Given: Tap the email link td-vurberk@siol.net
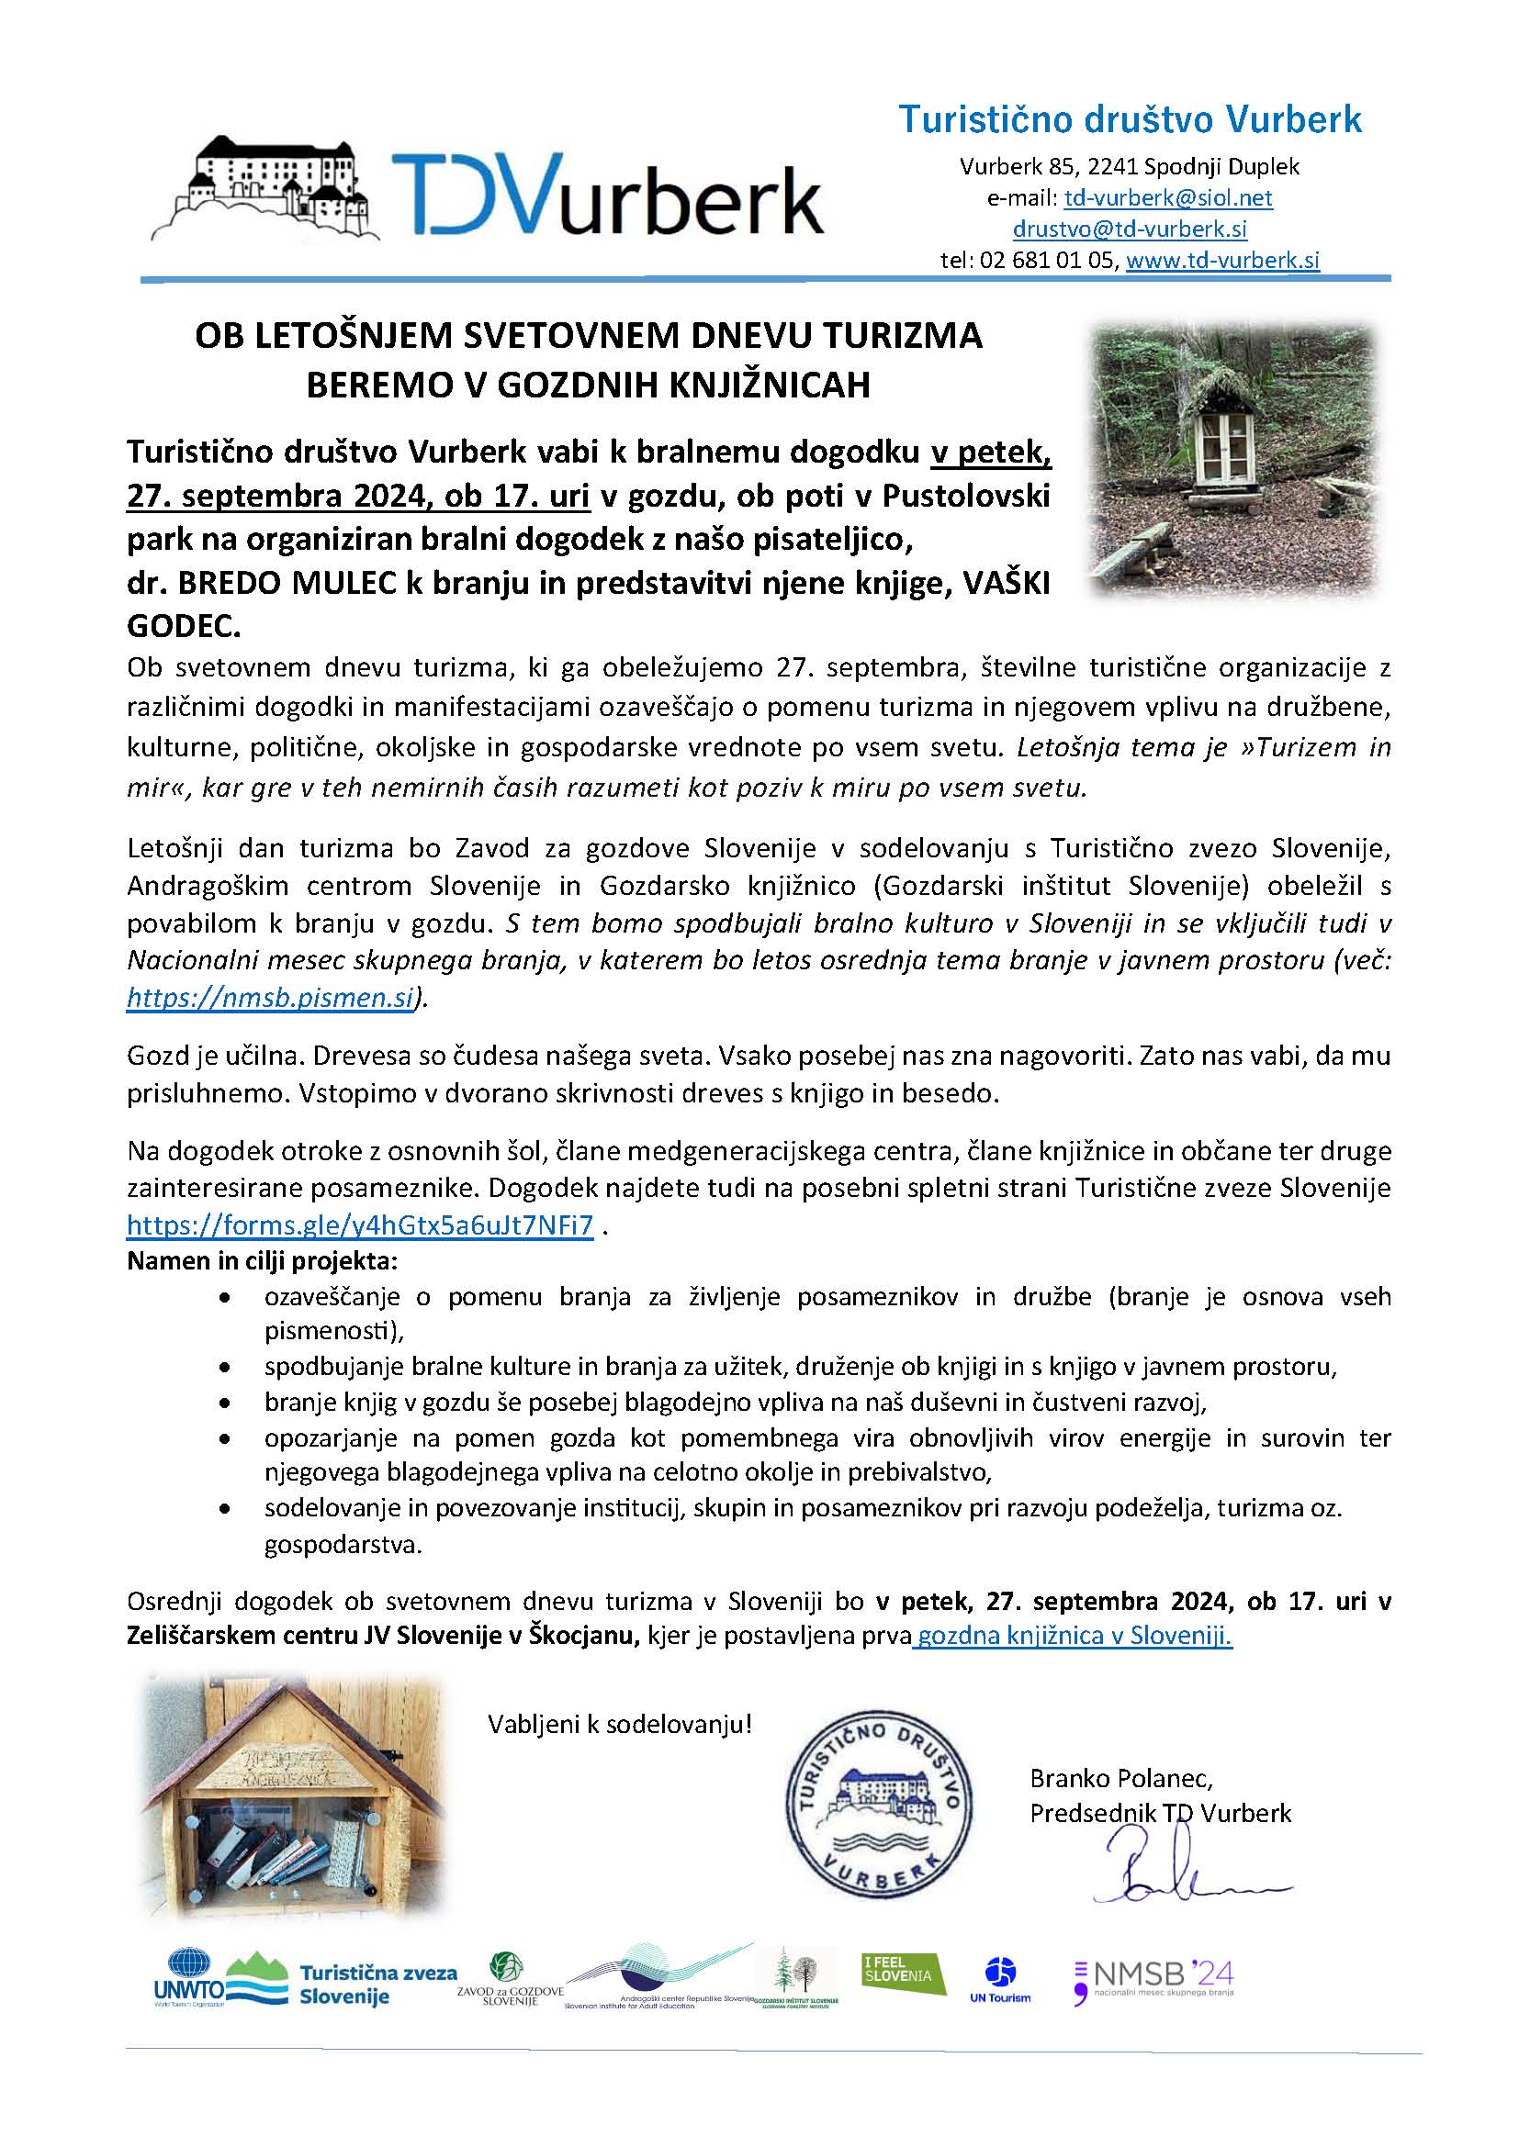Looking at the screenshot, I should tap(1167, 198).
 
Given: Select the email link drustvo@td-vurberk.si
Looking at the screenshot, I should tap(1129, 229).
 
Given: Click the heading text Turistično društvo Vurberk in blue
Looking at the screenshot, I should tap(1129, 119).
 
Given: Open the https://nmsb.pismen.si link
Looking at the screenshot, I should tap(269, 998).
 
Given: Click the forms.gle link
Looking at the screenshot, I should tap(360, 1225).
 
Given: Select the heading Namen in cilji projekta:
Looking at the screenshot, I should tap(262, 1260).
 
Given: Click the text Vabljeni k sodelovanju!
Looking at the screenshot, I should tap(619, 1724).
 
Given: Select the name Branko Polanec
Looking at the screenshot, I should tap(1120, 1777).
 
